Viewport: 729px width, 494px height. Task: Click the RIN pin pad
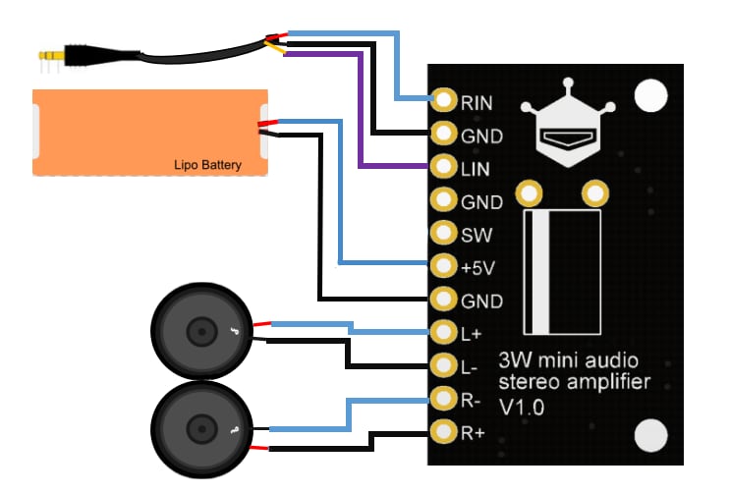pos(445,100)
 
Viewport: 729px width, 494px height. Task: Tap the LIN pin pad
pos(445,167)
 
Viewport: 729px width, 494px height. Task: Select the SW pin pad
pos(445,234)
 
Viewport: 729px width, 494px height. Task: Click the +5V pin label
pos(478,267)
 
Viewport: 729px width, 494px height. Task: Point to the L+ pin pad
pos(445,334)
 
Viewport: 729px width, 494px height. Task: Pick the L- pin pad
pos(445,367)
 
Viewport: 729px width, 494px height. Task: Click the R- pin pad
pos(445,400)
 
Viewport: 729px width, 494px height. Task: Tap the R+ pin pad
pos(445,430)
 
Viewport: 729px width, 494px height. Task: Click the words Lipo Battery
pos(207,165)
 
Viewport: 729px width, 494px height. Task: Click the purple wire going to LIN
pos(360,118)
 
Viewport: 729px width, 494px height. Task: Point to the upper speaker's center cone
pos(200,334)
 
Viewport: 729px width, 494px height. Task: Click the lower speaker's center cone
pos(200,429)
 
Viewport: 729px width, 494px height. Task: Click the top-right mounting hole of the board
pos(649,95)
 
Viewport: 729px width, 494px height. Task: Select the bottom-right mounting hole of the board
pos(649,434)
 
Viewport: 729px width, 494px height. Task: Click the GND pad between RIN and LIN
pos(445,134)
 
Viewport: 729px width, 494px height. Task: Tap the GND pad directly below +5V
pos(445,300)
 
